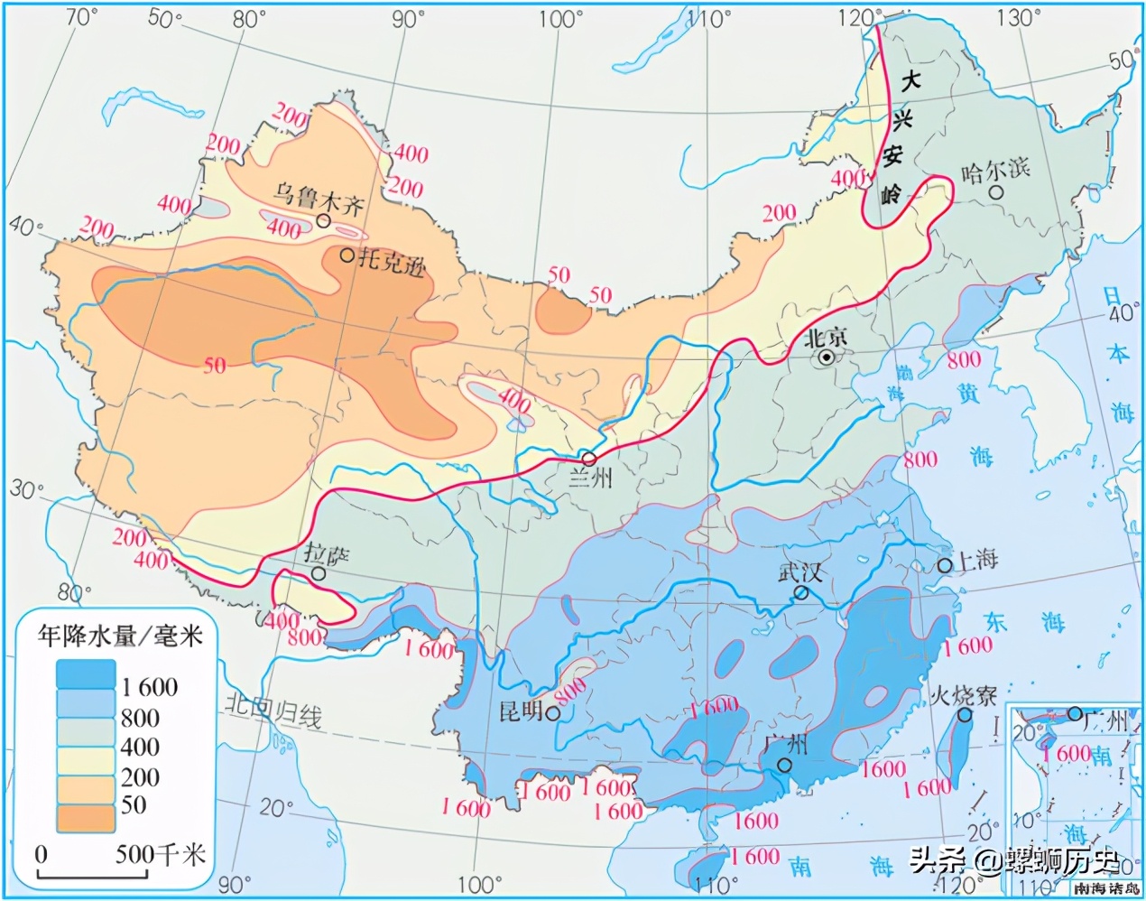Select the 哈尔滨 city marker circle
[996, 192]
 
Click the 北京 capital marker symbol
[826, 358]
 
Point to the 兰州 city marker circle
[587, 458]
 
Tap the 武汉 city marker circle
[800, 592]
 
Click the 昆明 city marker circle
[552, 714]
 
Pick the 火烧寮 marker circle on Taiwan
[965, 715]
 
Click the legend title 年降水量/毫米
[120, 636]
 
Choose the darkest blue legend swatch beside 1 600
[86, 674]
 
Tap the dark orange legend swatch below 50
[86, 819]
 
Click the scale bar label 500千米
[161, 853]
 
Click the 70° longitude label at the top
[80, 15]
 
